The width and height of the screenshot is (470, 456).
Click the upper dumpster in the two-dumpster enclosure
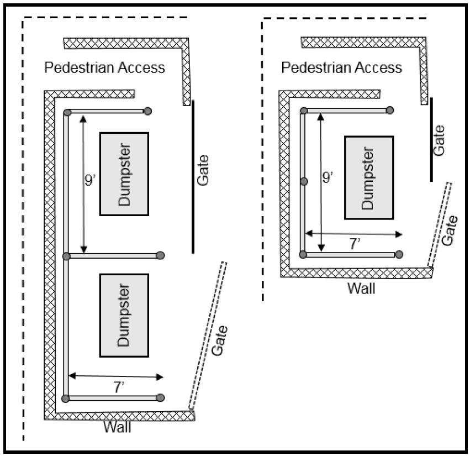click(x=124, y=174)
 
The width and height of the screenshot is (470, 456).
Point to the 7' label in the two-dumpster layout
click(x=118, y=387)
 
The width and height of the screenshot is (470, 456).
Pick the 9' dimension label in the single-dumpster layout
click(x=328, y=177)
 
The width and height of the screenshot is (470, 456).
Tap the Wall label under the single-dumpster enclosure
click(x=361, y=287)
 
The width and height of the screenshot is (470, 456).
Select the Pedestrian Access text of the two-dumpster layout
click(x=104, y=67)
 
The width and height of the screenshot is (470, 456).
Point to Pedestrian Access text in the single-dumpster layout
click(x=342, y=67)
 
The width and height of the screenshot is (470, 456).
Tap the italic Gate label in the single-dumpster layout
click(x=451, y=231)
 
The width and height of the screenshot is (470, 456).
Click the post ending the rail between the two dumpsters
click(x=161, y=255)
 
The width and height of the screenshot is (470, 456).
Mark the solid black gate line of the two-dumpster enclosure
click(x=193, y=177)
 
